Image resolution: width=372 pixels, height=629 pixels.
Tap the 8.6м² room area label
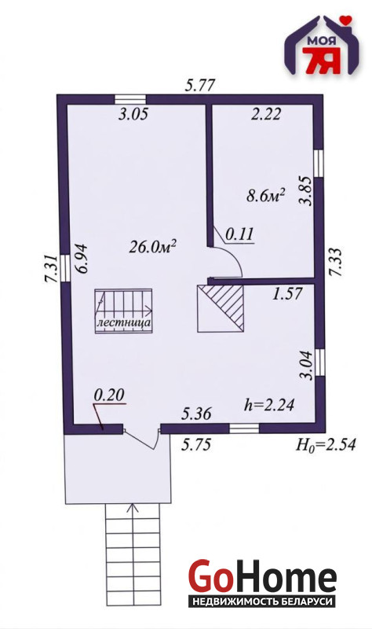pyautogui.click(x=265, y=197)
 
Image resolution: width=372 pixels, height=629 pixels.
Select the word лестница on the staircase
pyautogui.click(x=124, y=322)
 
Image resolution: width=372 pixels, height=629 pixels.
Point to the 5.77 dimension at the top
pyautogui.click(x=200, y=85)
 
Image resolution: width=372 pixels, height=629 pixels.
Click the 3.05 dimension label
pyautogui.click(x=133, y=114)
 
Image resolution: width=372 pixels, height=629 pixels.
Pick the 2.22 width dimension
pyautogui.click(x=265, y=114)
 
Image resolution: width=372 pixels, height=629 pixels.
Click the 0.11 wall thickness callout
pyautogui.click(x=239, y=234)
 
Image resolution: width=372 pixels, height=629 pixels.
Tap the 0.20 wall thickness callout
pyautogui.click(x=109, y=395)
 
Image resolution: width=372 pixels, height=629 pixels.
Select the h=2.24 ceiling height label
pyautogui.click(x=269, y=405)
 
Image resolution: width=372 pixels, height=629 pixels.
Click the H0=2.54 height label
pyautogui.click(x=325, y=444)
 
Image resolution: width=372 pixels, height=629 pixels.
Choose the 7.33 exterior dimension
pyautogui.click(x=336, y=262)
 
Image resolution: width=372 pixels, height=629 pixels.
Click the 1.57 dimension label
pyautogui.click(x=287, y=295)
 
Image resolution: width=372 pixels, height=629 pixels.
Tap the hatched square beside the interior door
pyautogui.click(x=221, y=308)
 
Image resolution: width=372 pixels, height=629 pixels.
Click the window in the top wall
pyautogui.click(x=130, y=99)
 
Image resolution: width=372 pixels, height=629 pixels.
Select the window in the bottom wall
pyautogui.click(x=244, y=429)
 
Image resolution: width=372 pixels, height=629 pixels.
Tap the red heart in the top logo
pyautogui.click(x=345, y=20)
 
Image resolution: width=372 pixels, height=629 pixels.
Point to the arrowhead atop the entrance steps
pyautogui.click(x=133, y=508)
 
